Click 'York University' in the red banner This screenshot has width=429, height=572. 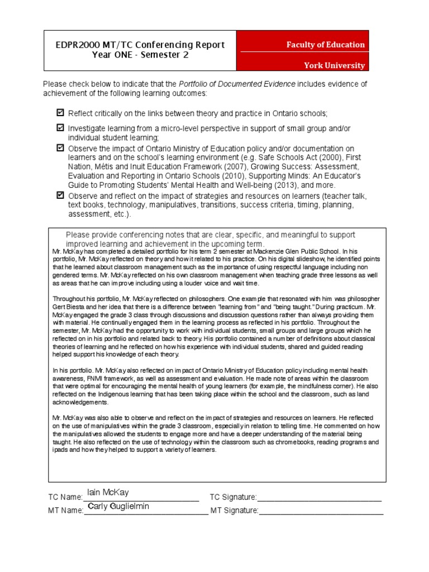click(x=334, y=65)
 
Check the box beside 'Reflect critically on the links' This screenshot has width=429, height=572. click(x=60, y=113)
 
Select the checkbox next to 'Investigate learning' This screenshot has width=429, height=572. click(x=60, y=128)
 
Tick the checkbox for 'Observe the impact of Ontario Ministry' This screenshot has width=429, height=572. click(x=60, y=148)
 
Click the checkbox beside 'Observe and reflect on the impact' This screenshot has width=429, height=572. click(x=60, y=196)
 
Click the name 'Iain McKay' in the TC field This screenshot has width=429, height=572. click(x=108, y=492)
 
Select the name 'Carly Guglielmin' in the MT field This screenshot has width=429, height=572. click(x=118, y=506)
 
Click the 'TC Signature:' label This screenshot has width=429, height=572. click(x=233, y=497)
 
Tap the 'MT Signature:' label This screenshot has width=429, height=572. click(x=234, y=510)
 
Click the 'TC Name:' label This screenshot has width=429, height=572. click(x=65, y=497)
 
